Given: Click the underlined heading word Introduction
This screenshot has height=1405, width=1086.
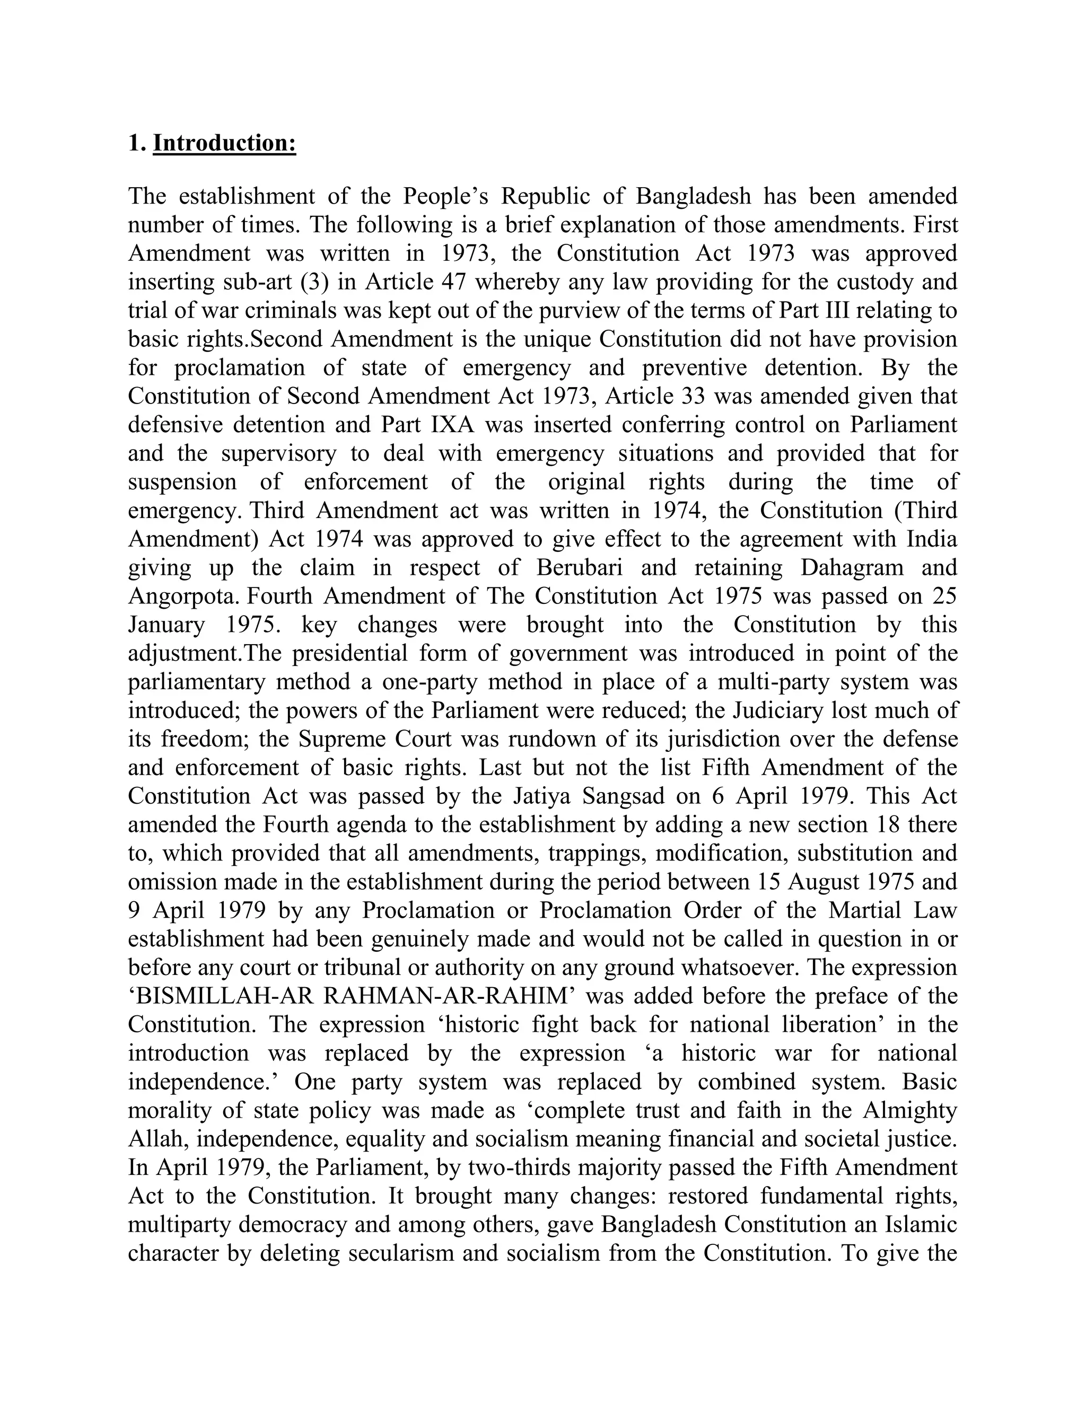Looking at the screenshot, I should [x=224, y=143].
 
